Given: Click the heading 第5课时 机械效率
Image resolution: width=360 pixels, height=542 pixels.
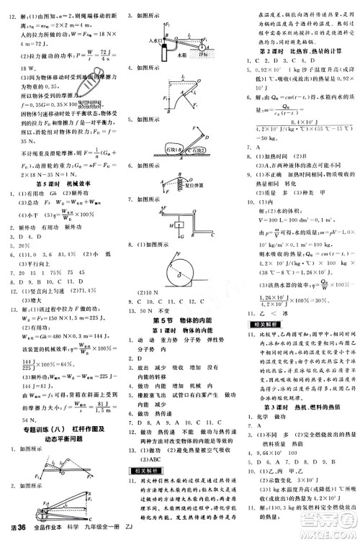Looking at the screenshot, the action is (x=63, y=204).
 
